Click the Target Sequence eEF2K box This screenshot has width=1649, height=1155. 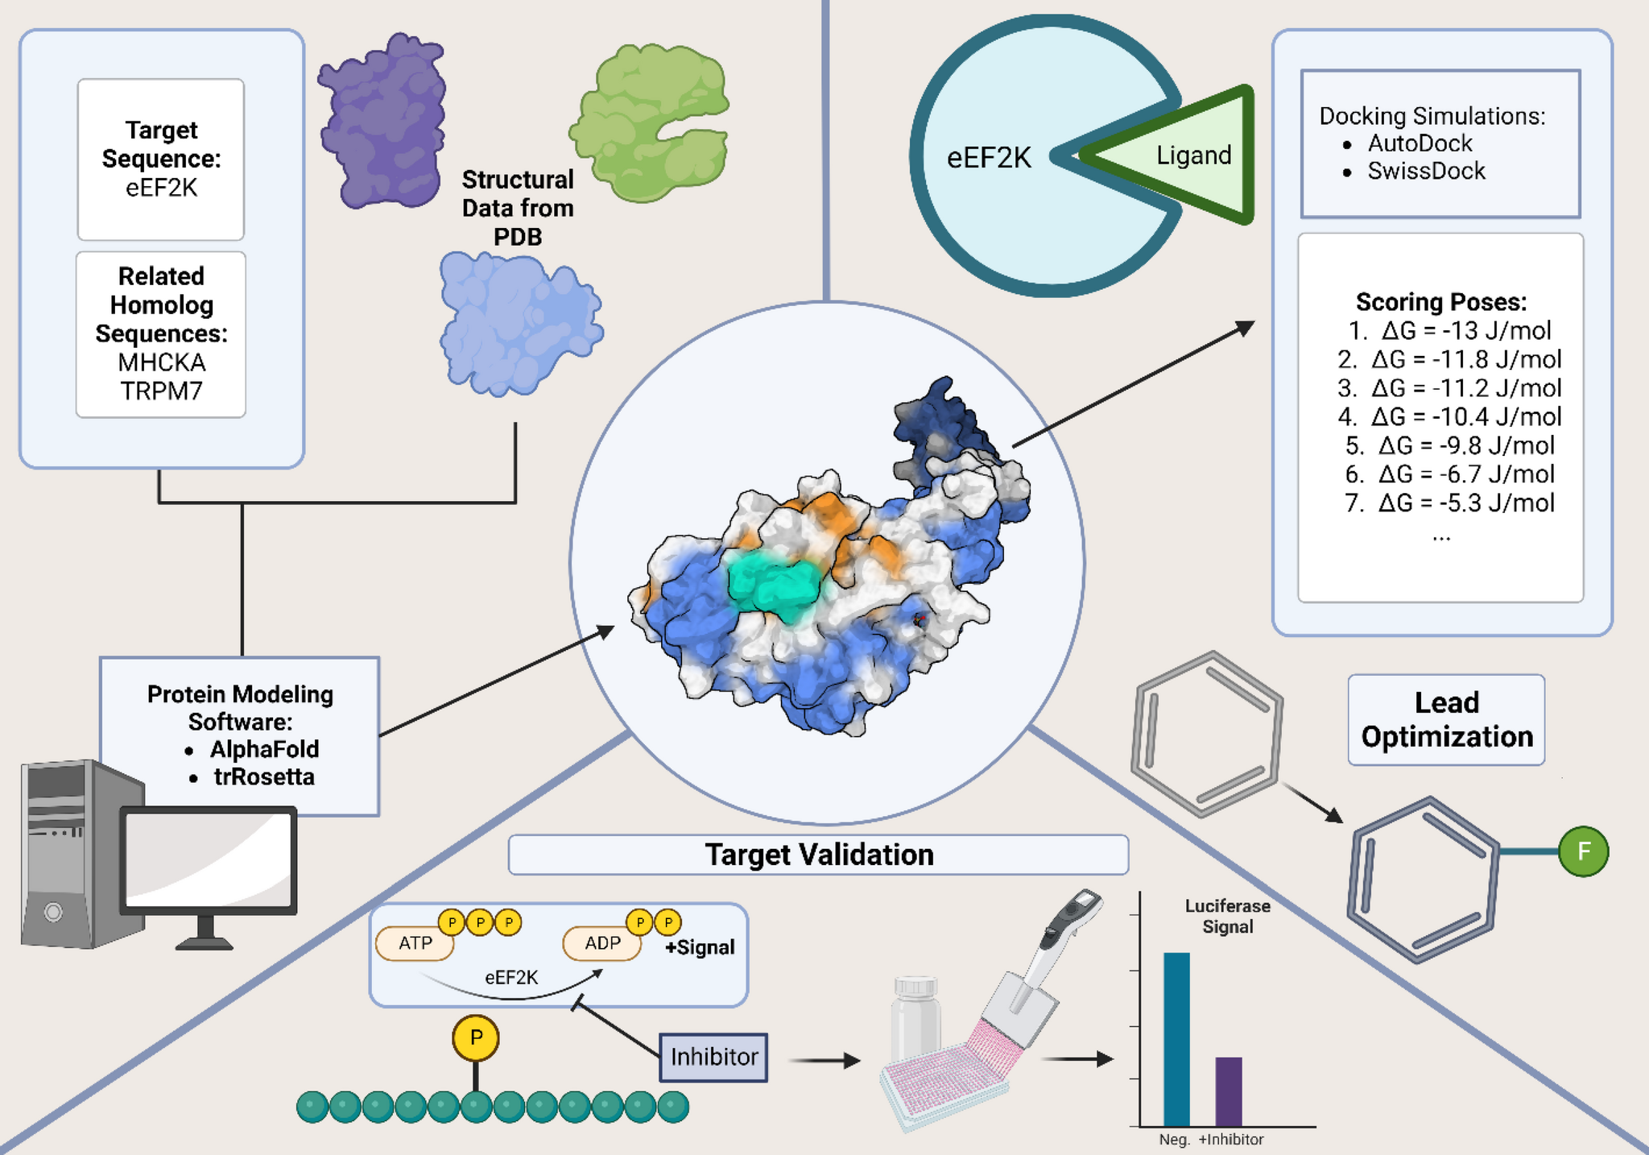pyautogui.click(x=161, y=159)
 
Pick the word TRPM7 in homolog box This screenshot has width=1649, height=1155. pyautogui.click(x=161, y=391)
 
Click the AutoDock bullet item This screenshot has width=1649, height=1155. pyautogui.click(x=1419, y=143)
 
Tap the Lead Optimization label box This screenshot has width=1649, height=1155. pyautogui.click(x=1446, y=719)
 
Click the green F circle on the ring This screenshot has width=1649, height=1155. pyautogui.click(x=1583, y=851)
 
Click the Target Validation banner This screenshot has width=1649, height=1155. pyautogui.click(x=818, y=855)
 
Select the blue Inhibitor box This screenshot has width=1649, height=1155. pyautogui.click(x=713, y=1057)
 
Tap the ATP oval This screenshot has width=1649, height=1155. pyautogui.click(x=415, y=943)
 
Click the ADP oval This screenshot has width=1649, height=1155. pyautogui.click(x=601, y=943)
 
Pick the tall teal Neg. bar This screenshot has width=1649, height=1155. pyautogui.click(x=1176, y=1039)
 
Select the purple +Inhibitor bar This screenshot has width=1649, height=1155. pyautogui.click(x=1228, y=1091)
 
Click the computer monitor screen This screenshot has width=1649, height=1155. pyautogui.click(x=208, y=859)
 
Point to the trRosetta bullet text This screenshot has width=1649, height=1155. pyautogui.click(x=263, y=776)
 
